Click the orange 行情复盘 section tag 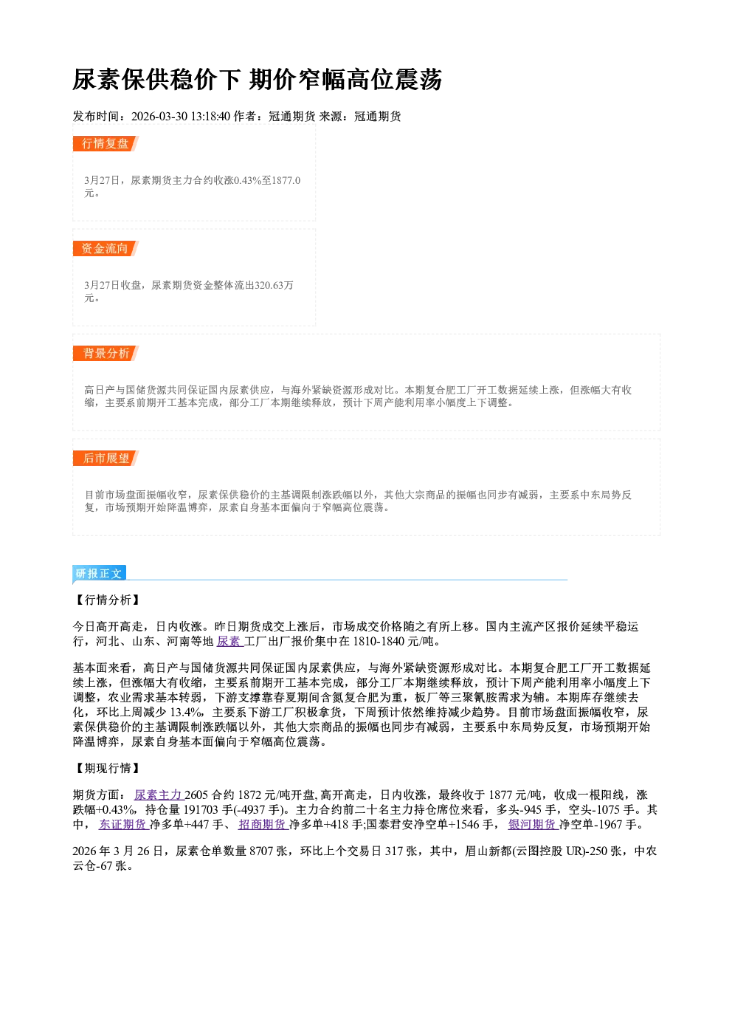coord(106,143)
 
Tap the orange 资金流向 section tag coord(106,248)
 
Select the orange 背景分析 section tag coord(106,354)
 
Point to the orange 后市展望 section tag coord(106,459)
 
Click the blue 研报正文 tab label coord(99,574)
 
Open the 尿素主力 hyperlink coord(159,795)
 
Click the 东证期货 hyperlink coord(123,825)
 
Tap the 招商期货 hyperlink coord(263,825)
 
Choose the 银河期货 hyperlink coord(534,825)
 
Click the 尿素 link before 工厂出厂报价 coord(229,642)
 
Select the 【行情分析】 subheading coord(108,600)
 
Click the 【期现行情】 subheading coord(108,768)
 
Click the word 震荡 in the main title coord(418,80)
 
